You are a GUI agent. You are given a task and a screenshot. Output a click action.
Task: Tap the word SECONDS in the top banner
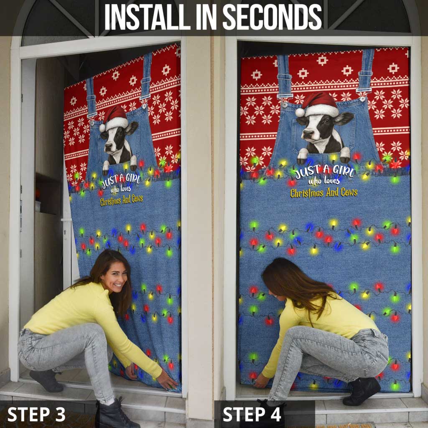[272, 17]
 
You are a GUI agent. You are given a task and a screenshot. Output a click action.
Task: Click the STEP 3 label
[36, 414]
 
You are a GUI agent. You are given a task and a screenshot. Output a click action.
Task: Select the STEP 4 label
[252, 414]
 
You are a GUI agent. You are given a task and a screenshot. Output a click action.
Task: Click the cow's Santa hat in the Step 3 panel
[115, 117]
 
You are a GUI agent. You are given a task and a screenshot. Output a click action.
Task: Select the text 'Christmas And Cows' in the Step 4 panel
[324, 193]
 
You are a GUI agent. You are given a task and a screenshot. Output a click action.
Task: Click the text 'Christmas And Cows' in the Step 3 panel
[121, 200]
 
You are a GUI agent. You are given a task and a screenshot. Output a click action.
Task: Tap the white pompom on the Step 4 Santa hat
[299, 112]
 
